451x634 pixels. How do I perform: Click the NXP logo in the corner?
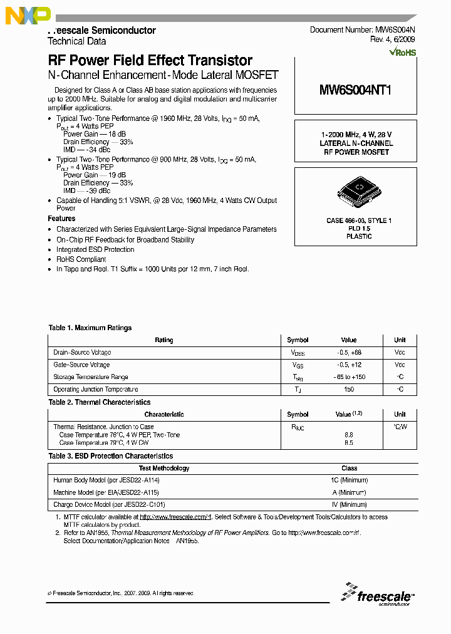point(28,16)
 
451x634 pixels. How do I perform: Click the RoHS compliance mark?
point(402,53)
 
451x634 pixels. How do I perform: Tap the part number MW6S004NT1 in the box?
point(355,90)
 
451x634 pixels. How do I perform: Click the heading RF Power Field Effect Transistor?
point(150,61)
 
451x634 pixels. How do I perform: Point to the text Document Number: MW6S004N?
point(362,30)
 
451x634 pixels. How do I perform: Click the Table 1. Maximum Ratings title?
point(90,328)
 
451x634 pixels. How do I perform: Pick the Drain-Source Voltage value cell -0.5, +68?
point(349,353)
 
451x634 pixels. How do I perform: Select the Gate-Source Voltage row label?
point(81,365)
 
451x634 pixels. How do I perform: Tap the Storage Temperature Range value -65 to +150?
point(349,377)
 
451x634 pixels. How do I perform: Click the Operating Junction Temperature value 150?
point(349,389)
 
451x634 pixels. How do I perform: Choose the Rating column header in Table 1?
point(163,340)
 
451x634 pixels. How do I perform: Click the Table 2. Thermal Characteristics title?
point(100,402)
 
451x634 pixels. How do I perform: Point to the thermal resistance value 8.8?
point(349,434)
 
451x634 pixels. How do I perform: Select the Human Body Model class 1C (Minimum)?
point(349,481)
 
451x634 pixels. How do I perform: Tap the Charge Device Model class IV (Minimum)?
point(349,504)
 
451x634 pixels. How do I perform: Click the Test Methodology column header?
point(163,468)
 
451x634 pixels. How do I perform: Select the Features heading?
point(61,219)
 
